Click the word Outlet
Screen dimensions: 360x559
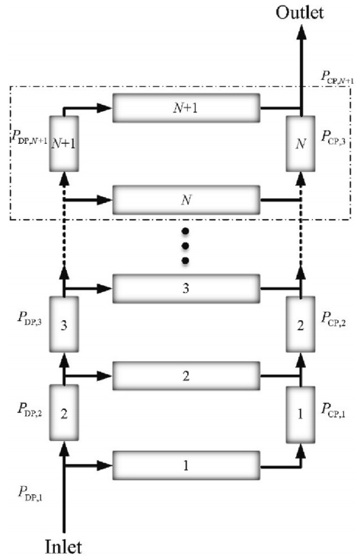tap(300, 12)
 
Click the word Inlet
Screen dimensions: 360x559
tap(63, 547)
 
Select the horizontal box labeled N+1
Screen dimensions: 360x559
tap(186, 108)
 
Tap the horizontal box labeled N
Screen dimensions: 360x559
tap(186, 199)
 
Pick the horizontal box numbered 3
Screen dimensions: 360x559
tap(186, 288)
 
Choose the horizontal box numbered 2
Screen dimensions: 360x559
tap(186, 376)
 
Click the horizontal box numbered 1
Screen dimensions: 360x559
tap(186, 465)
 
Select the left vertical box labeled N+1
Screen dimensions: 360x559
tap(64, 144)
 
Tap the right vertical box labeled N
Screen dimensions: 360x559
tap(301, 144)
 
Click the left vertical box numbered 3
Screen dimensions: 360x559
tap(64, 325)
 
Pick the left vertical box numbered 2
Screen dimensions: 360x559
tap(64, 413)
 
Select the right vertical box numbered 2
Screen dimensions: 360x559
tap(301, 325)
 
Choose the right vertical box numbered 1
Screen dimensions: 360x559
tap(301, 414)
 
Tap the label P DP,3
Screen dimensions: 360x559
tap(30, 318)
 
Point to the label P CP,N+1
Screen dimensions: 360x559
tap(337, 78)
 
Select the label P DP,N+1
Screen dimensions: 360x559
tap(29, 137)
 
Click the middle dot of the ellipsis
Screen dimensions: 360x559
tap(185, 246)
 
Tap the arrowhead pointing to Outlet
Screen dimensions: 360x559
tap(301, 33)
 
